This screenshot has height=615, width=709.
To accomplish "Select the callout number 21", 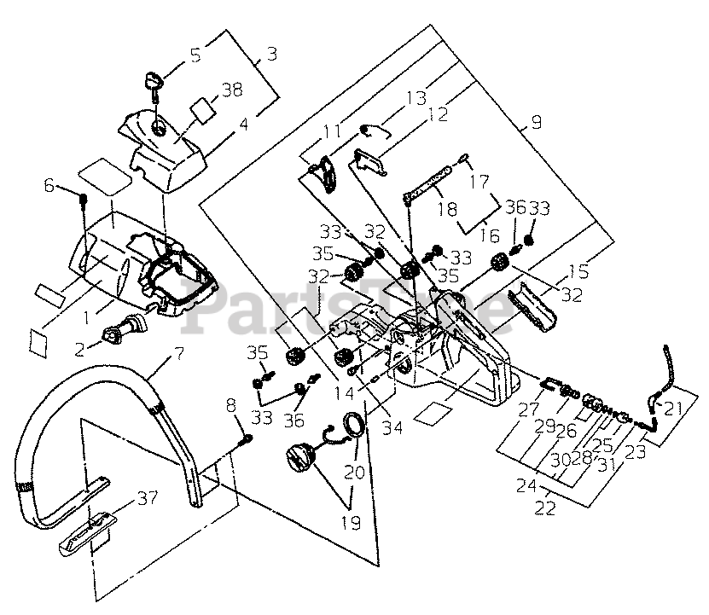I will coord(673,408).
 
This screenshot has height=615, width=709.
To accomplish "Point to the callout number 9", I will coord(535,122).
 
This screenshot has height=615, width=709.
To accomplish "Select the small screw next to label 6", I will coord(84,200).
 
